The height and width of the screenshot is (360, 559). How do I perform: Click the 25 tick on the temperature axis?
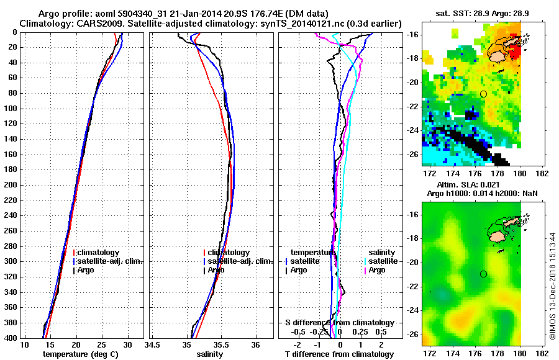click(102, 345)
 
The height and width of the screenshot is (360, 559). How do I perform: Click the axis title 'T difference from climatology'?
click(340, 354)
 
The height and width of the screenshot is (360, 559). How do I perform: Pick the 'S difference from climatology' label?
click(340, 323)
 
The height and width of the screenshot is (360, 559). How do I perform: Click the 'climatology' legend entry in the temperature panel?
click(99, 253)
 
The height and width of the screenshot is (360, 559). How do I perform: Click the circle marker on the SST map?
click(483, 94)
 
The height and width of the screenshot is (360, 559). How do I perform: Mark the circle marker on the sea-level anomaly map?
click(483, 274)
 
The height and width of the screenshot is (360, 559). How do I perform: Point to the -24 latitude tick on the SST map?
click(412, 130)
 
